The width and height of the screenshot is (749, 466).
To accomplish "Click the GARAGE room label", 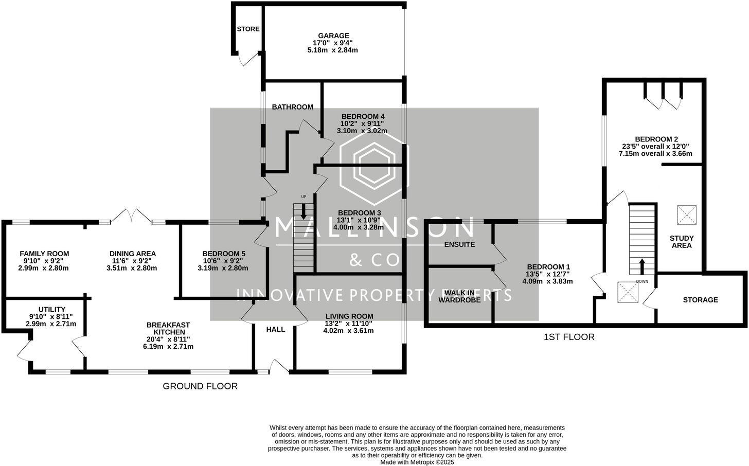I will tap(333, 35).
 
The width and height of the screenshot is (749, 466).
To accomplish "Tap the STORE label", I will tap(248, 29).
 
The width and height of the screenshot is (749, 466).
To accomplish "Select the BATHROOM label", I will tap(292, 107).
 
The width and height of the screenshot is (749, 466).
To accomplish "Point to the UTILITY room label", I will tap(51, 309).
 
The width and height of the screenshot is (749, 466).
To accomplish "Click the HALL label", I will tap(275, 329).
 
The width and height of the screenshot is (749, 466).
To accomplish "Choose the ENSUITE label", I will tap(459, 244).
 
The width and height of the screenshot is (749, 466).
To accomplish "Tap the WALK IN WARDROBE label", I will tap(459, 296).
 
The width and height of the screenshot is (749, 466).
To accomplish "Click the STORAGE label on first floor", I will tap(700, 300).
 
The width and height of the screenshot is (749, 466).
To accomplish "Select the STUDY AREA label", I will tap(682, 242).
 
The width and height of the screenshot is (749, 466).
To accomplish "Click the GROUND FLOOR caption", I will tap(200, 386).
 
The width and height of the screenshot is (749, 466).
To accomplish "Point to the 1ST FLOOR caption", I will tap(569, 337).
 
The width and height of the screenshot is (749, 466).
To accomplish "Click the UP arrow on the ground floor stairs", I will tap(304, 211).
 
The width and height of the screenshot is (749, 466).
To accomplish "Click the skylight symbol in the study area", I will tap(686, 214).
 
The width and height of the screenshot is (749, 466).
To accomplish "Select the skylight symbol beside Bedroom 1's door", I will tap(627, 292).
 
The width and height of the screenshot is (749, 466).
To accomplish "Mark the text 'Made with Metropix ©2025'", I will tap(417, 462).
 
